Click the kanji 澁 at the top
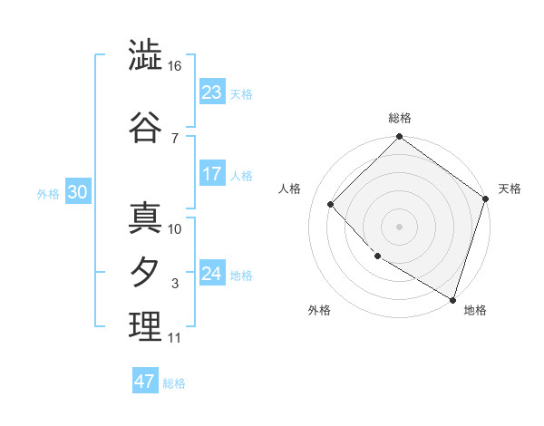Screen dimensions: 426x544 pyautogui.click(x=145, y=56)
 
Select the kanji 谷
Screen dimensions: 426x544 pyautogui.click(x=145, y=127)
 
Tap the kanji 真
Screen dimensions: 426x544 pyautogui.click(x=145, y=218)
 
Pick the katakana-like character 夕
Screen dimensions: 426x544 pyautogui.click(x=145, y=272)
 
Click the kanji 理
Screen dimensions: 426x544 pyautogui.click(x=145, y=326)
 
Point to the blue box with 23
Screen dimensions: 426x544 pyautogui.click(x=212, y=92)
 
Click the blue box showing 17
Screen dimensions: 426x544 pyautogui.click(x=212, y=174)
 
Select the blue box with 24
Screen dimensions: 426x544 pyautogui.click(x=212, y=274)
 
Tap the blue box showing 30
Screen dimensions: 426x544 pyautogui.click(x=77, y=191)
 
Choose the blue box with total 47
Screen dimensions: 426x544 pyautogui.click(x=145, y=382)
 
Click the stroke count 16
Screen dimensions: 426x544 pyautogui.click(x=175, y=66)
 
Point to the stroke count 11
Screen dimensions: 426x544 pyautogui.click(x=174, y=338)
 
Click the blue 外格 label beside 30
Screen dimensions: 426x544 pyautogui.click(x=48, y=193)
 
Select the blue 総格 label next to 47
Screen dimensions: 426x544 pyautogui.click(x=174, y=383)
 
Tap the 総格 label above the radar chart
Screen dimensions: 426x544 pyautogui.click(x=400, y=118)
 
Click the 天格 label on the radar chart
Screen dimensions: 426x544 pyautogui.click(x=510, y=189)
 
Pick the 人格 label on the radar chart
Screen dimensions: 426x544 pyautogui.click(x=290, y=189)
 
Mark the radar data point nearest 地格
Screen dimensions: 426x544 pyautogui.click(x=452, y=298)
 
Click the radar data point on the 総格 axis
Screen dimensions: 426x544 pyautogui.click(x=400, y=138)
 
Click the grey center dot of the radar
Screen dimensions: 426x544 pyautogui.click(x=400, y=226)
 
